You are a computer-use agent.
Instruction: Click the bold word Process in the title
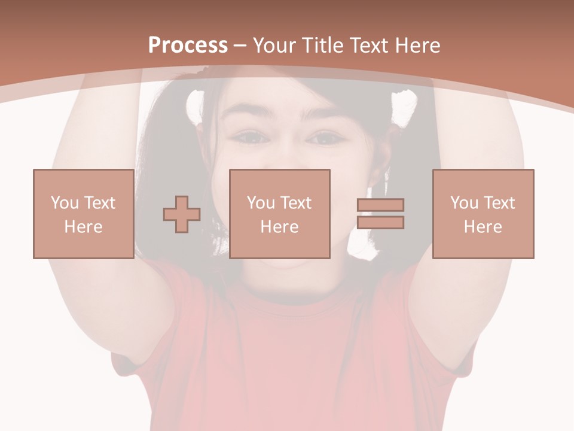pos(188,45)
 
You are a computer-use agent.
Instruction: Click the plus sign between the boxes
pos(182,214)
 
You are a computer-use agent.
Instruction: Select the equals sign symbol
pos(380,214)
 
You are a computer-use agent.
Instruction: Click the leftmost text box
pos(83,214)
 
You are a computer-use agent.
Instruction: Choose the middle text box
pos(279,214)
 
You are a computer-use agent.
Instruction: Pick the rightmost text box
pos(483,214)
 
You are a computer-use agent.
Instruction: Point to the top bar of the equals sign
pos(380,205)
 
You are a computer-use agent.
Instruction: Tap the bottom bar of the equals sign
pos(380,223)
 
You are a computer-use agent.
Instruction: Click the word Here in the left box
pos(83,227)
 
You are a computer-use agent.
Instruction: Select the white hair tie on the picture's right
pos(405,108)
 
